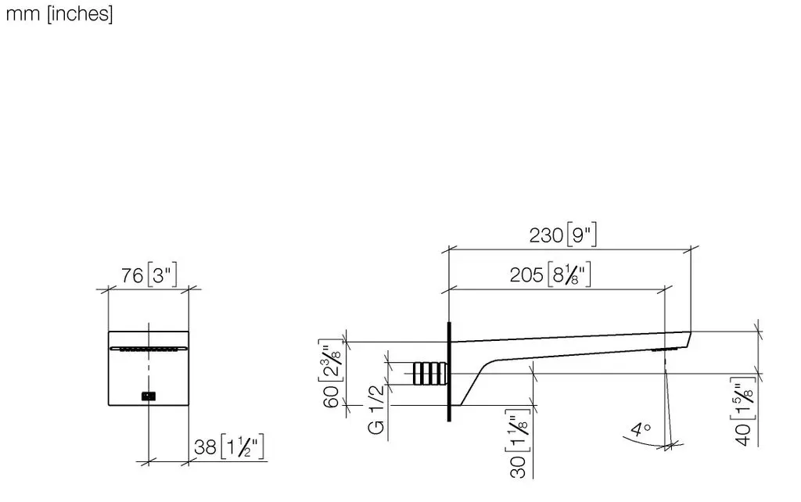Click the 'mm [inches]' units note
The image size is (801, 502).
59,14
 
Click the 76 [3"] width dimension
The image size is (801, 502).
149,275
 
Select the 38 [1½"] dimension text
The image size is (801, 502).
229,446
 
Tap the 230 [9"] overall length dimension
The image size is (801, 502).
562,235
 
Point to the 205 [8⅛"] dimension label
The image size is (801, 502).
550,274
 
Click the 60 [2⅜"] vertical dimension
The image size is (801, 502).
331,374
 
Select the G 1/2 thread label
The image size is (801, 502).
376,410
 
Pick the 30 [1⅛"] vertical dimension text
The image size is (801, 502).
518,443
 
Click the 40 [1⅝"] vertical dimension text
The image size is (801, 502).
744,411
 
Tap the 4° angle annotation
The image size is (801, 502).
640,429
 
